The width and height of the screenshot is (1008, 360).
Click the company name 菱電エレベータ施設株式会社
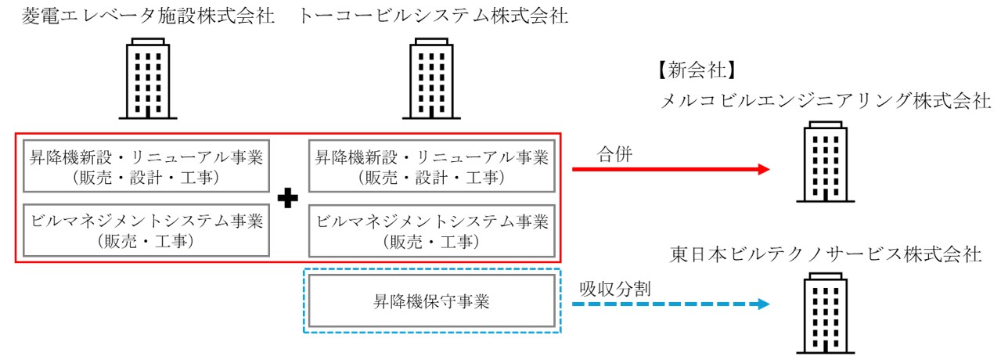coord(148,16)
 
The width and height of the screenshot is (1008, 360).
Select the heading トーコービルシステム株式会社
coord(433,16)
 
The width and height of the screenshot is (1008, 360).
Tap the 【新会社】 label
coord(697,70)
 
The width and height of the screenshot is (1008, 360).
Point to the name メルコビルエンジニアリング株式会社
coord(826,100)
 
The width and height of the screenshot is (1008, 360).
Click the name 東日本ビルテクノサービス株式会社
coord(826,254)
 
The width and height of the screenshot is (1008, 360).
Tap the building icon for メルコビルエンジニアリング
coord(826,161)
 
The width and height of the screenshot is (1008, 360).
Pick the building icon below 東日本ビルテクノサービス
coord(826,313)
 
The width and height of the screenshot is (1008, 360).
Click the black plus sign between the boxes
coord(288,199)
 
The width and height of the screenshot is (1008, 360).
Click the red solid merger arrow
coord(671,169)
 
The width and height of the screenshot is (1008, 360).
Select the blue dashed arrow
coord(671,304)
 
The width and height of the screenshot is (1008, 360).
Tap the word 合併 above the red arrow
coord(614,154)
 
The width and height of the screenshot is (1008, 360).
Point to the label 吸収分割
coord(614,289)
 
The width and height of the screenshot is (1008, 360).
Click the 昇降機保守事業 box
coord(431,301)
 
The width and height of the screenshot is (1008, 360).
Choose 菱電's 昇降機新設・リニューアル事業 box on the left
coord(146,166)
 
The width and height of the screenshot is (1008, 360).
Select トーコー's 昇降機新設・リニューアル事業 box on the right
coord(431,166)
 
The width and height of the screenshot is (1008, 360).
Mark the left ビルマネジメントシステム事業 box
coord(146,230)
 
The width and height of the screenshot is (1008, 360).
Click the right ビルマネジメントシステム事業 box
coord(431,230)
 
